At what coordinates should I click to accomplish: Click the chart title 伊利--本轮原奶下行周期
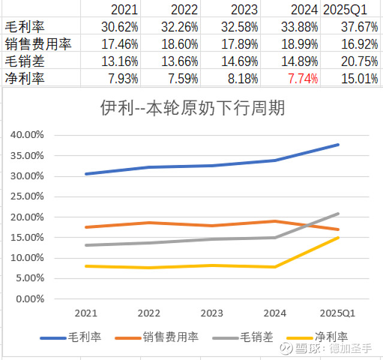pyautogui.click(x=192, y=108)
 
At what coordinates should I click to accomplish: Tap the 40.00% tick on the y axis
pyautogui.click(x=28, y=135)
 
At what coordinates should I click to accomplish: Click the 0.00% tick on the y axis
pyautogui.click(x=30, y=298)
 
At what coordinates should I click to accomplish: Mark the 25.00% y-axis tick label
pyautogui.click(x=28, y=196)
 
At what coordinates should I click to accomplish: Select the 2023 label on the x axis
pyautogui.click(x=212, y=313)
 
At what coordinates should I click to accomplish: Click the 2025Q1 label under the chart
pyautogui.click(x=339, y=313)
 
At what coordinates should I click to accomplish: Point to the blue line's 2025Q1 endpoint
pyautogui.click(x=339, y=145)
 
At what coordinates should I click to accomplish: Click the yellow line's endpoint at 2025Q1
pyautogui.click(x=339, y=237)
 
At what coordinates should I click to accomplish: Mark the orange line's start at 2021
pyautogui.click(x=86, y=227)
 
